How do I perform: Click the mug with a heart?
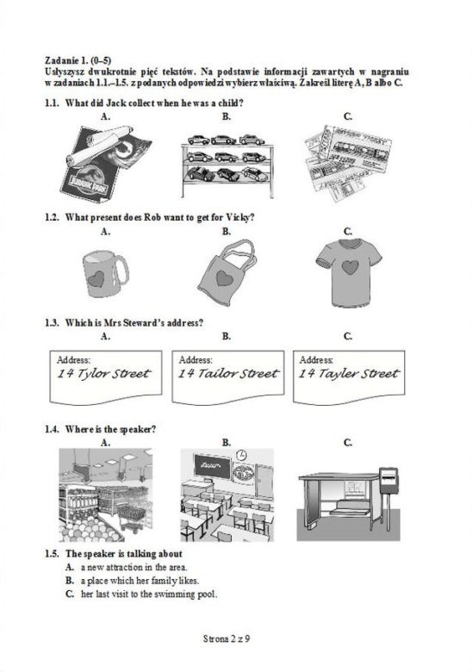104,273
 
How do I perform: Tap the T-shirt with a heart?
349,272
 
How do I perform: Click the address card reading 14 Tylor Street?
106,377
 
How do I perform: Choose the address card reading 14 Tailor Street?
228,377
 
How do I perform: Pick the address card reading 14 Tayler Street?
349,377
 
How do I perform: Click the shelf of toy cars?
227,165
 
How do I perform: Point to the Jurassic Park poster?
106,163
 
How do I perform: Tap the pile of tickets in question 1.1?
348,163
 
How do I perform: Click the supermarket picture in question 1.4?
105,495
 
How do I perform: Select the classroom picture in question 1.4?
227,495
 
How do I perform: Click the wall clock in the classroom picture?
241,455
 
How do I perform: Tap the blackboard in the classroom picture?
213,466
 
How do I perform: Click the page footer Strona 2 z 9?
227,639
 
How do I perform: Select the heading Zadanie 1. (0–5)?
78,60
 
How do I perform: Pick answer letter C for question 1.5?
70,594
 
